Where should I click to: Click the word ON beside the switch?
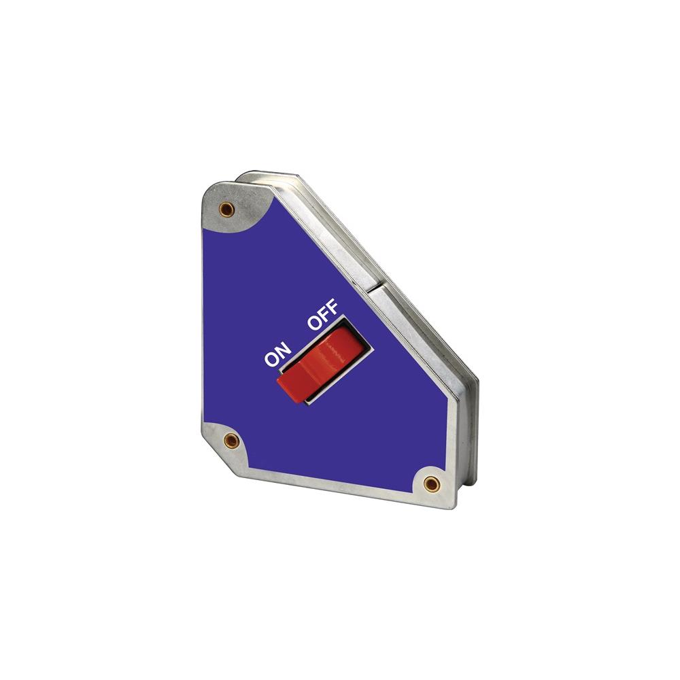click(278, 354)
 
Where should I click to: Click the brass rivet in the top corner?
click(226, 210)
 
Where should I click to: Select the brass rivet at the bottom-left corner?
click(232, 441)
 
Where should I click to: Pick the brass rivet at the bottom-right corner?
click(430, 483)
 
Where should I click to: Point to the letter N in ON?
click(284, 349)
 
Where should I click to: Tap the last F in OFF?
click(333, 307)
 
